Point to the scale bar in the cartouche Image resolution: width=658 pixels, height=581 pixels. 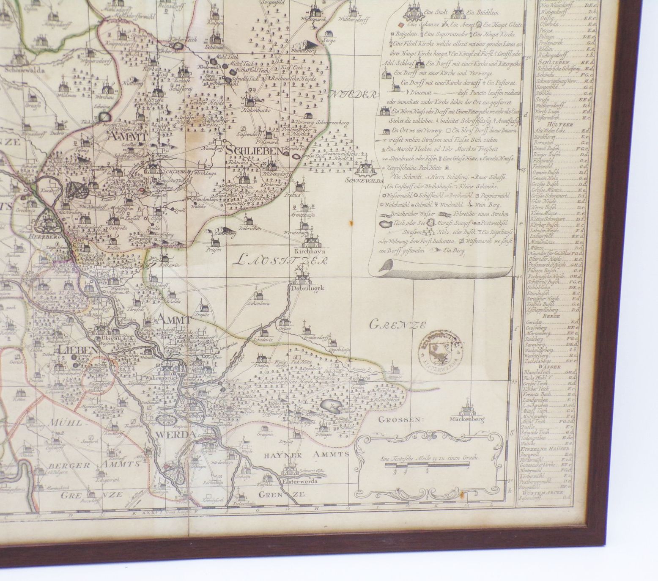point(427,466)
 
